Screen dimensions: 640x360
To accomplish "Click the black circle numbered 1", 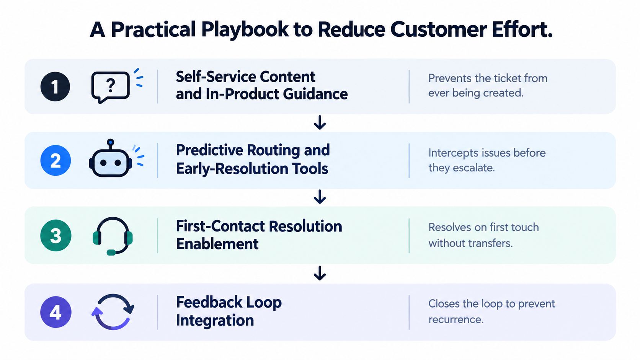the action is [55, 86].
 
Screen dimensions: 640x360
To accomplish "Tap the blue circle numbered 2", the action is [56, 160].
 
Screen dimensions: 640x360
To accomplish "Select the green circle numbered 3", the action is [56, 236].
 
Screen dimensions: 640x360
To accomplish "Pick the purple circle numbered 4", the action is [56, 312].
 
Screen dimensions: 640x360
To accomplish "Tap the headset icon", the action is [113, 236].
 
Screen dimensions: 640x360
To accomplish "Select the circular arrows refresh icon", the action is [113, 312].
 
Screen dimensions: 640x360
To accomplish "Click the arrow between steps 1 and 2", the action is [320, 122].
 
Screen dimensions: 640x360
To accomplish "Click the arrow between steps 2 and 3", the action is [320, 197].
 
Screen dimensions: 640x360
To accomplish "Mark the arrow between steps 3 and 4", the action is [320, 273].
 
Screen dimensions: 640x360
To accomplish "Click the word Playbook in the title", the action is [245, 30].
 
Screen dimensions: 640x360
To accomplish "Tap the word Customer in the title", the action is [439, 29].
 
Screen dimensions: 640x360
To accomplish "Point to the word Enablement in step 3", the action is [217, 244].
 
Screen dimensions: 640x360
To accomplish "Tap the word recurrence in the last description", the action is [456, 319].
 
